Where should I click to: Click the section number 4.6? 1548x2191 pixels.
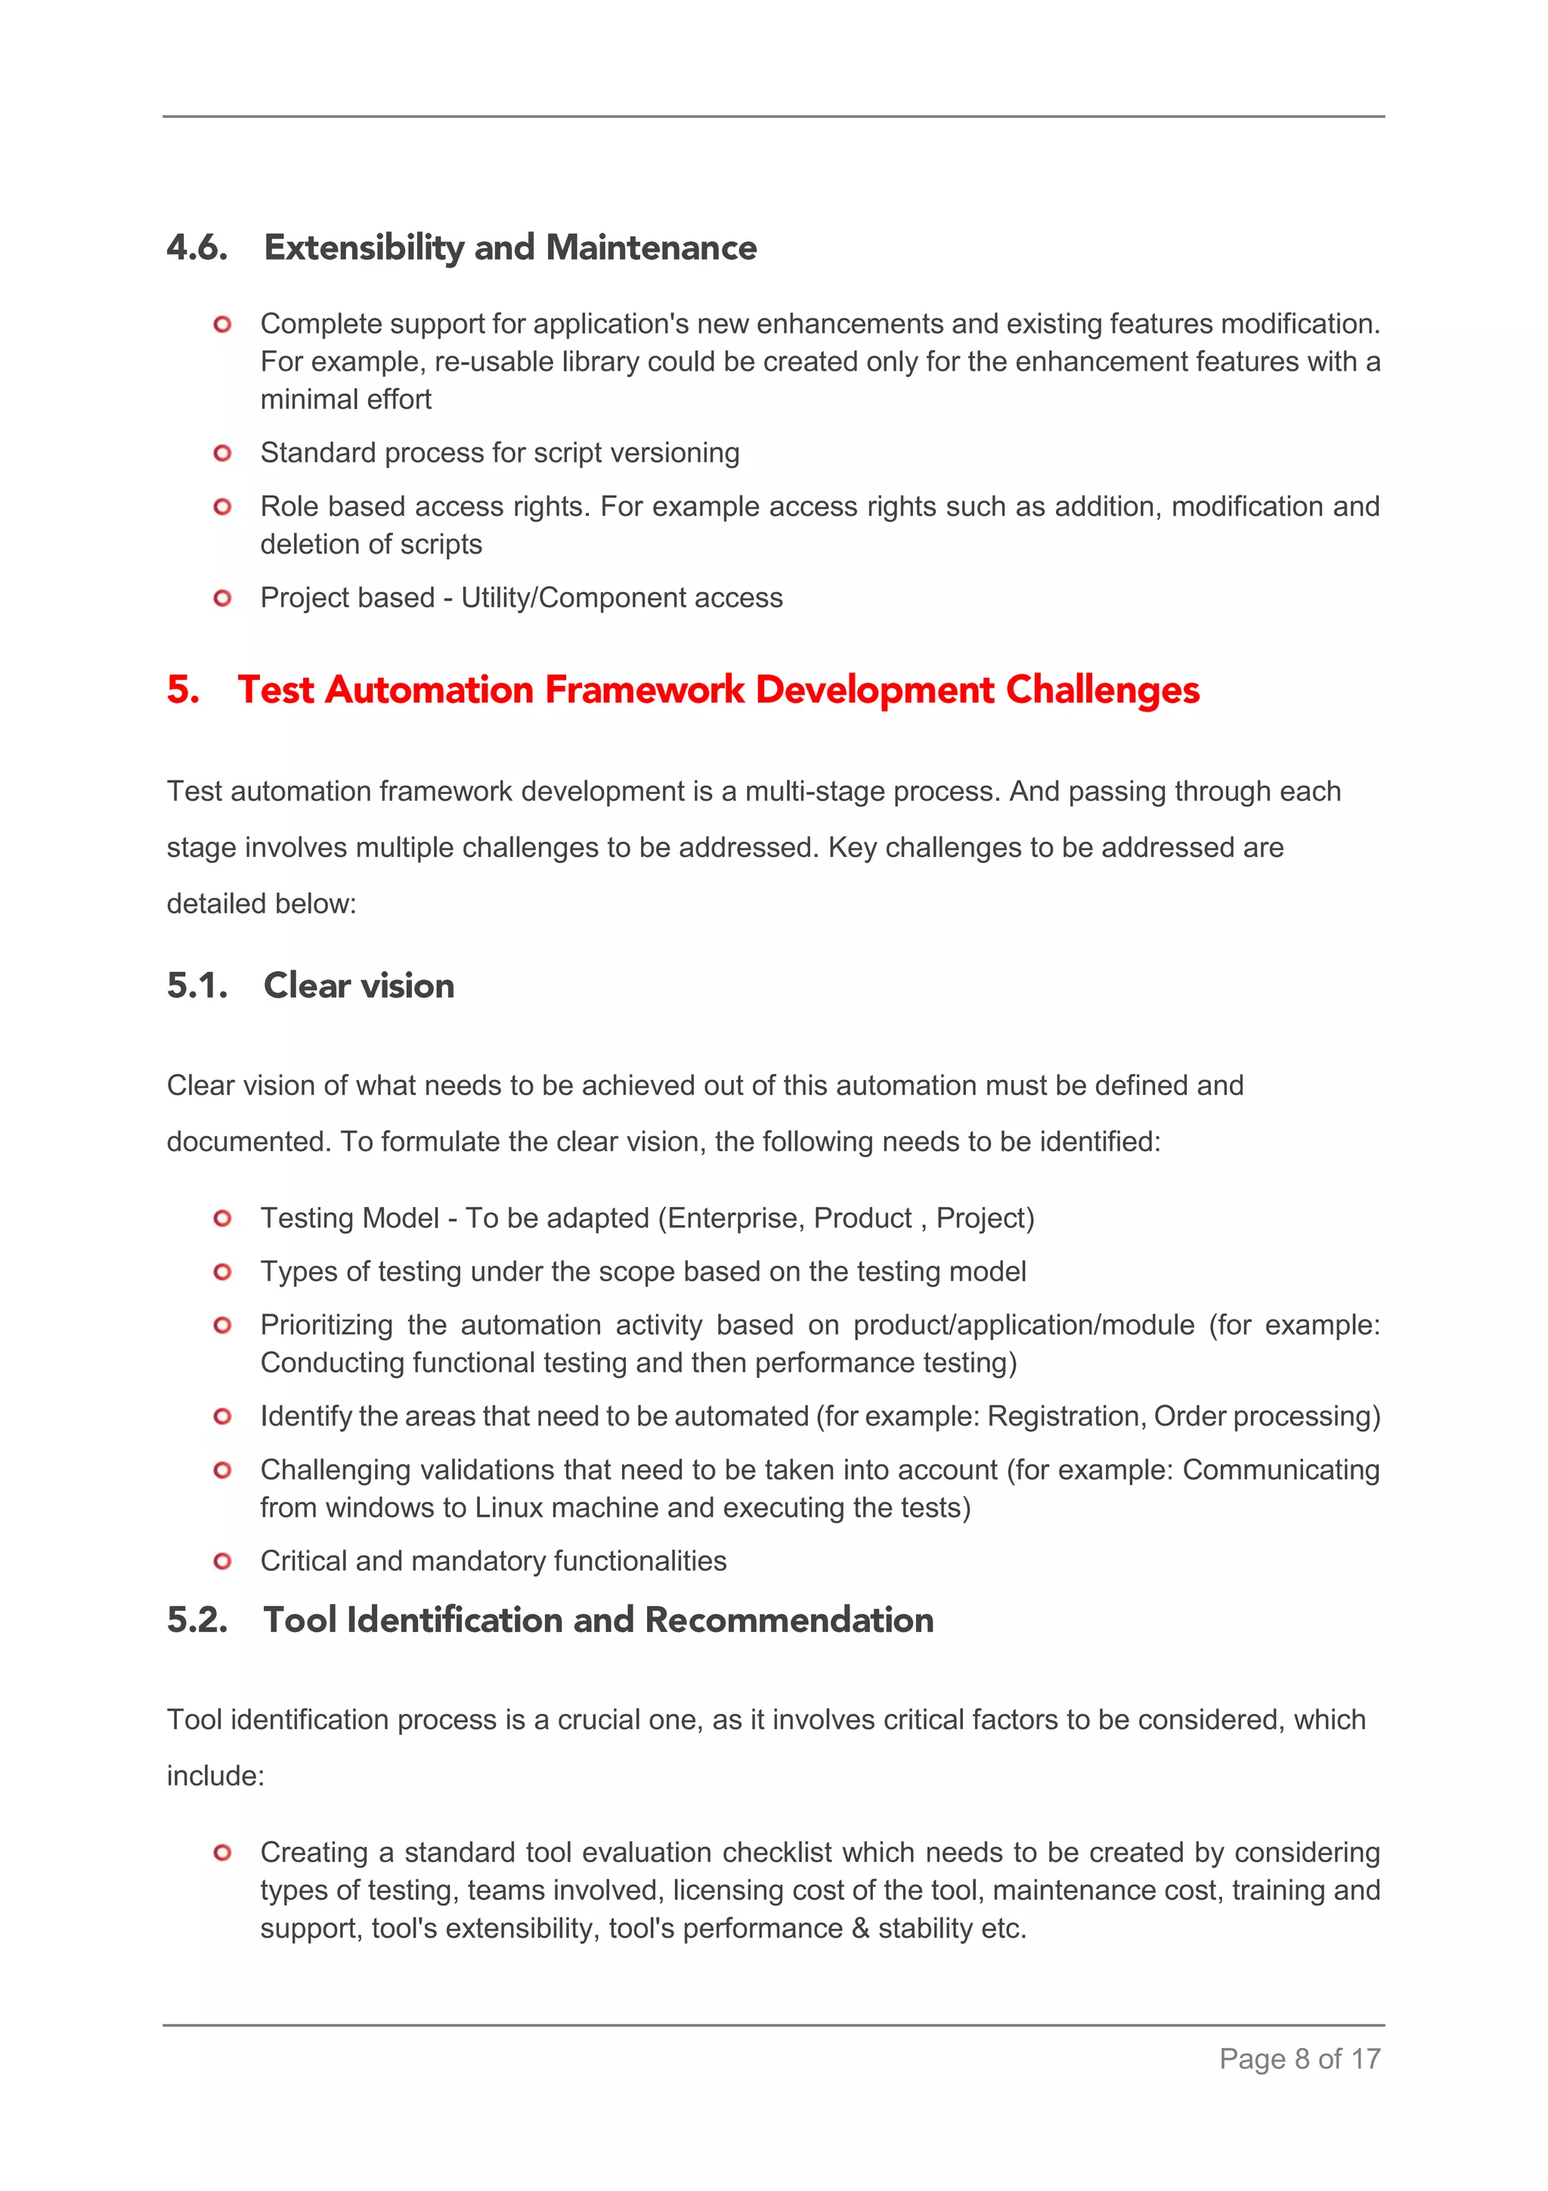coord(197,247)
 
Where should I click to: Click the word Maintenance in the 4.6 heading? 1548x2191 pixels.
coord(652,247)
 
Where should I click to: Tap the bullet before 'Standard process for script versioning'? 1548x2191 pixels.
coord(222,453)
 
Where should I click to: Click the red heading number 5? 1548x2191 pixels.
coord(182,690)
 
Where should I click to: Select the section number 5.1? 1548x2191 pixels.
coord(197,985)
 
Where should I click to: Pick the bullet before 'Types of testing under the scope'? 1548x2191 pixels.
coord(222,1272)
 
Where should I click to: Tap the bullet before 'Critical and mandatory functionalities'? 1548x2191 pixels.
coord(222,1561)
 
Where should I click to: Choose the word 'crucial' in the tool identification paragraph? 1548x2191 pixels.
coord(598,1720)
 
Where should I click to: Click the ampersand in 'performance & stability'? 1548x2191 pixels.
coord(860,1929)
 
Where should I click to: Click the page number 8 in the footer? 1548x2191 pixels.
coord(1301,2059)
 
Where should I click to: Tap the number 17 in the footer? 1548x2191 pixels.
coord(1365,2059)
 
